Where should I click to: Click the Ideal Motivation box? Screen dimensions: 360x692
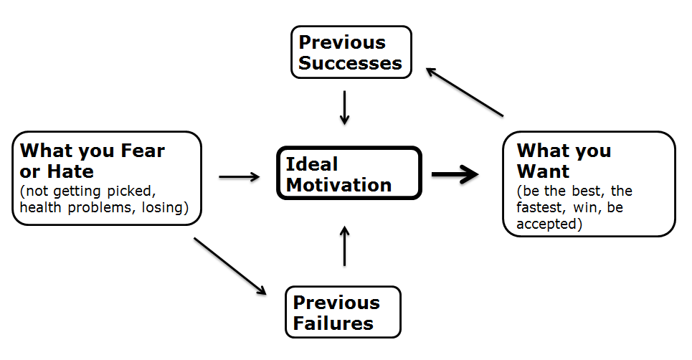pyautogui.click(x=349, y=174)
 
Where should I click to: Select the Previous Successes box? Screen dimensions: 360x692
pyautogui.click(x=351, y=52)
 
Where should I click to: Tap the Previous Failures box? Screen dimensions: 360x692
pyautogui.click(x=343, y=312)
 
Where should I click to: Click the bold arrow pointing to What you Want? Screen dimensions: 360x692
pyautogui.click(x=455, y=174)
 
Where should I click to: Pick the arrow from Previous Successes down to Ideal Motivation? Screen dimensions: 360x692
pyautogui.click(x=345, y=107)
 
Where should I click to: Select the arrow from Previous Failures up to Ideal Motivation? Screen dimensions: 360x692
pyautogui.click(x=345, y=245)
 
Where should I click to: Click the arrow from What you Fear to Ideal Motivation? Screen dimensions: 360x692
pyautogui.click(x=239, y=176)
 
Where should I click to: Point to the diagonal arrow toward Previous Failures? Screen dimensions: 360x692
pyautogui.click(x=229, y=265)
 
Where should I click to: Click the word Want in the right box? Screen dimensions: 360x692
pyautogui.click(x=543, y=171)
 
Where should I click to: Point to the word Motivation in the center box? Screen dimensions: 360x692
pyautogui.click(x=338, y=184)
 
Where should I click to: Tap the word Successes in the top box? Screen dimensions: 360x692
pyautogui.click(x=350, y=63)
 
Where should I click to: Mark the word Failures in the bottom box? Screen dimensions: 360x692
pyautogui.click(x=333, y=323)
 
